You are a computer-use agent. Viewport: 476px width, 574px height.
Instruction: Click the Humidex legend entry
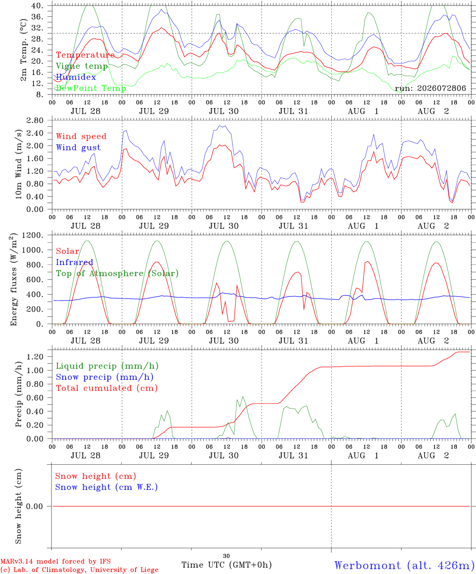click(x=76, y=77)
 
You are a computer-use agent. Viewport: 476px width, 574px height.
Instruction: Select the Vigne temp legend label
click(x=82, y=66)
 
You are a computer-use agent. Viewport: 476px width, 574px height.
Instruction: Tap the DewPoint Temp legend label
click(x=91, y=88)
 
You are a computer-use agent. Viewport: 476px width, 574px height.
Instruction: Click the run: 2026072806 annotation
click(x=430, y=88)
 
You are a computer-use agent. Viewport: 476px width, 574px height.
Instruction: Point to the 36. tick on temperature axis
click(x=37, y=17)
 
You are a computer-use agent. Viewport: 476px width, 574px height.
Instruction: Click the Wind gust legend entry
click(x=79, y=147)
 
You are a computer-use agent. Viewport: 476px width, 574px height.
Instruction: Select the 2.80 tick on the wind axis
click(x=35, y=120)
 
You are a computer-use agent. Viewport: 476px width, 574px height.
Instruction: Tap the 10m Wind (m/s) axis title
click(x=18, y=164)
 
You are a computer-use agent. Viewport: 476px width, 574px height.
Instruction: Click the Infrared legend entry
click(x=75, y=262)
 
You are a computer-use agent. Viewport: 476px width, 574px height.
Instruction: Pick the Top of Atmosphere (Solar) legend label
click(x=118, y=273)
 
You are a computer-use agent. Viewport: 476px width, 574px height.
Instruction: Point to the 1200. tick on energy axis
click(x=33, y=235)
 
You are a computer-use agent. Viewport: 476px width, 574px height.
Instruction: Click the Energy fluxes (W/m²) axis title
click(x=14, y=279)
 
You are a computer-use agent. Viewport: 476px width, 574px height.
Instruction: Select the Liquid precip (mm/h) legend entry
click(x=107, y=366)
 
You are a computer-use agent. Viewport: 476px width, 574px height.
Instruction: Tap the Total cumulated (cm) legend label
click(x=107, y=388)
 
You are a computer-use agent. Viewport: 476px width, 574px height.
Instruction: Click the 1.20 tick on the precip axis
click(x=35, y=357)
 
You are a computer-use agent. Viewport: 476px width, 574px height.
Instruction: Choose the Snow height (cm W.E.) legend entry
click(x=106, y=487)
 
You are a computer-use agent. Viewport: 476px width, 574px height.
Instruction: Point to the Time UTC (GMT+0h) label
click(x=226, y=565)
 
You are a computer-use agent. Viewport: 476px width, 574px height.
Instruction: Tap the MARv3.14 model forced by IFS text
click(x=55, y=561)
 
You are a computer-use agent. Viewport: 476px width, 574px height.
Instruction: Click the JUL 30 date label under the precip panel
click(x=224, y=456)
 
